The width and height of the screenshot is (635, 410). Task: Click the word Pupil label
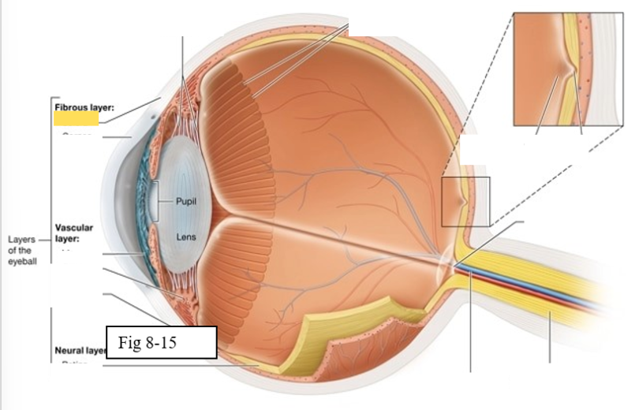click(x=186, y=202)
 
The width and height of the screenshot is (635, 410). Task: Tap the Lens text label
click(x=186, y=237)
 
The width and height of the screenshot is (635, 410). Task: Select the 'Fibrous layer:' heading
click(x=83, y=106)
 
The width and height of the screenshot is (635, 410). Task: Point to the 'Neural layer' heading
click(x=80, y=349)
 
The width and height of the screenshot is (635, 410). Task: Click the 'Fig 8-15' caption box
click(x=160, y=342)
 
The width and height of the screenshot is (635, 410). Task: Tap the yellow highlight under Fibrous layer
click(x=76, y=119)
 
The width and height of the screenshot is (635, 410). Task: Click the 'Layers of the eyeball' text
click(x=21, y=249)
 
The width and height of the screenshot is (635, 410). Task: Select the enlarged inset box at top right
click(x=568, y=69)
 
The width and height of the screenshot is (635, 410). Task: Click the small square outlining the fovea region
click(x=465, y=200)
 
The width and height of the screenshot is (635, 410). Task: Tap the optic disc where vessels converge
click(x=446, y=261)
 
